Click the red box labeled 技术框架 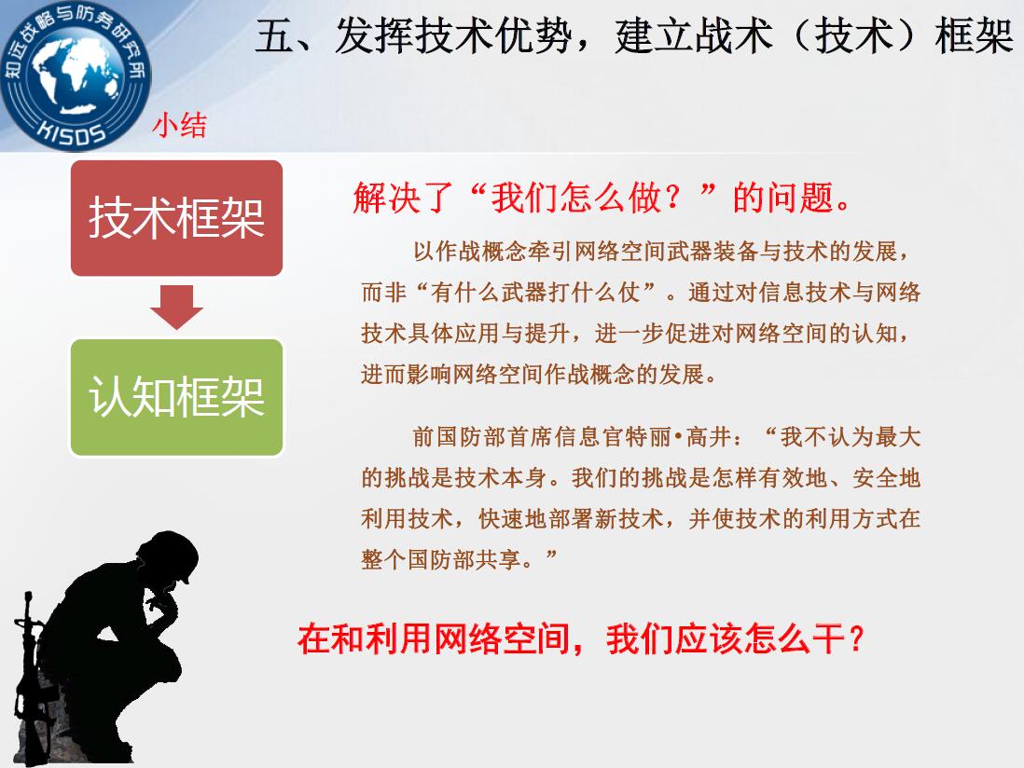176,218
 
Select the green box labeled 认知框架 176,397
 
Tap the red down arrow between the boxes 176,307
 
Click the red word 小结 180,125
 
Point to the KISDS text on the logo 71,131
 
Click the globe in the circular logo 76,75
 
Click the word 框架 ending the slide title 974,36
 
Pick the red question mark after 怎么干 856,638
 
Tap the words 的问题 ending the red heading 783,197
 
